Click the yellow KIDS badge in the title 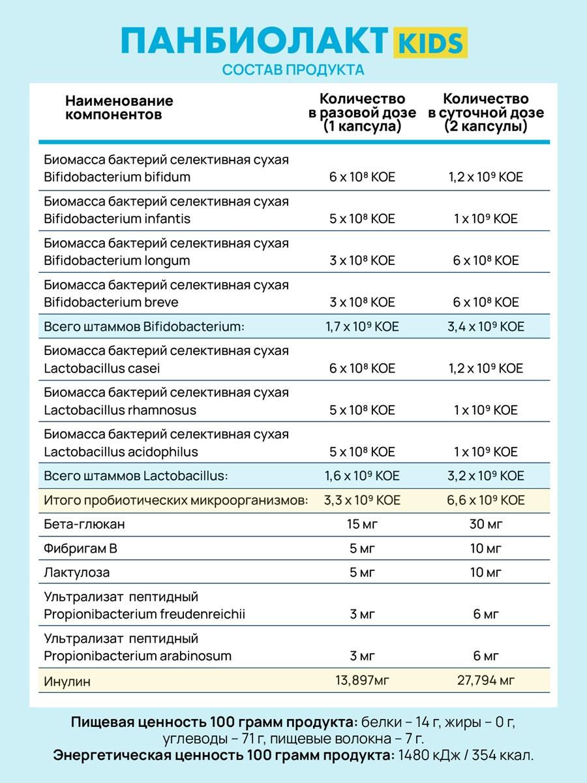click(429, 42)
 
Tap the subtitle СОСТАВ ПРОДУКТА click(293, 70)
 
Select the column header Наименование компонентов click(119, 108)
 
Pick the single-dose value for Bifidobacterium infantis click(362, 219)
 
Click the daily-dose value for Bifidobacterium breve click(485, 302)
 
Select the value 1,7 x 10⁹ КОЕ click(362, 326)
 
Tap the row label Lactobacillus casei click(102, 368)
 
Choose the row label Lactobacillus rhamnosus click(120, 410)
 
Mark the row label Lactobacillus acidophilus click(121, 452)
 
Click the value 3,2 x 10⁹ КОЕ click(485, 476)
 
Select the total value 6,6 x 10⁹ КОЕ click(485, 500)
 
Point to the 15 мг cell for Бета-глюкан click(362, 524)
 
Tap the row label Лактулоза click(77, 573)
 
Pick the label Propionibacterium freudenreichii click(145, 614)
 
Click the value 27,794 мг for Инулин click(485, 681)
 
